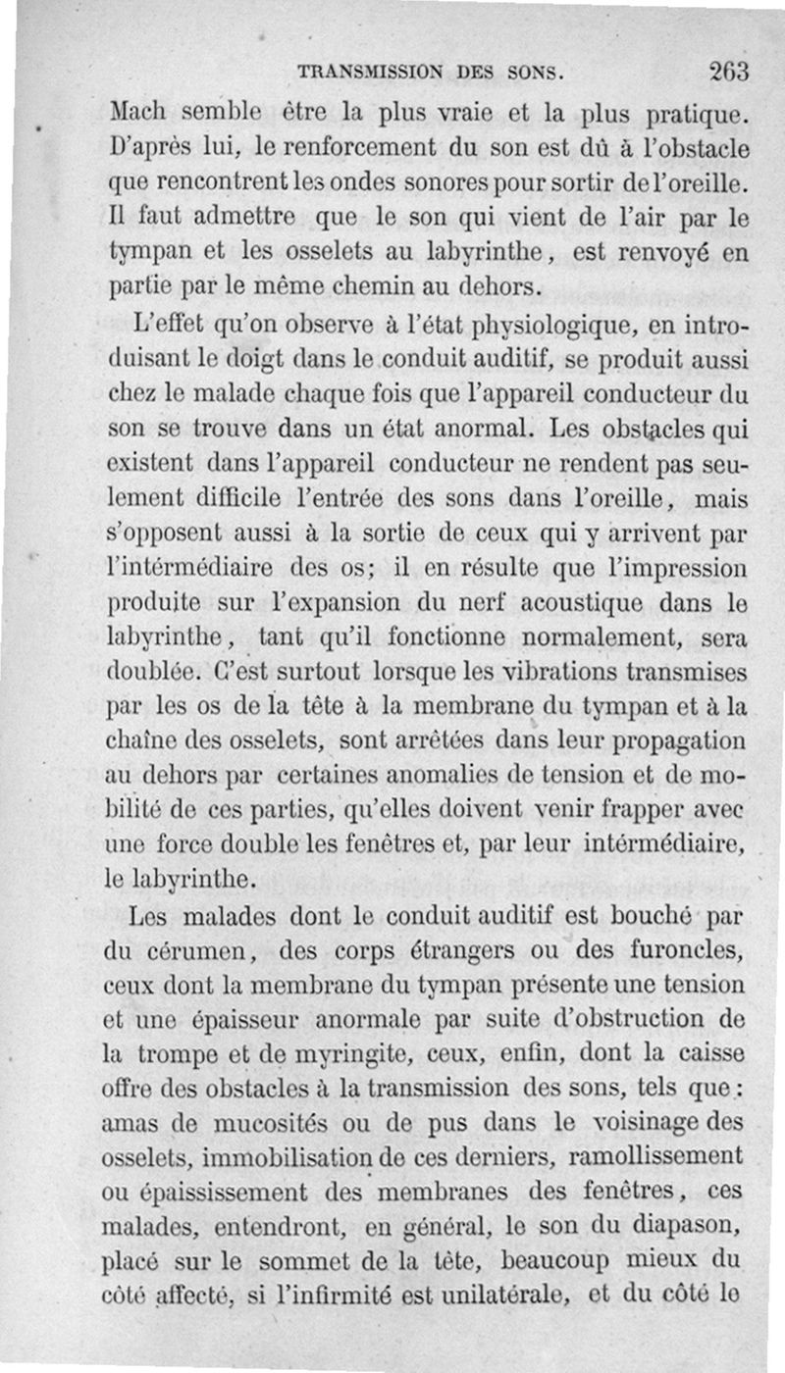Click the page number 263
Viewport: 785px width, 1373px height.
[x=727, y=71]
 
